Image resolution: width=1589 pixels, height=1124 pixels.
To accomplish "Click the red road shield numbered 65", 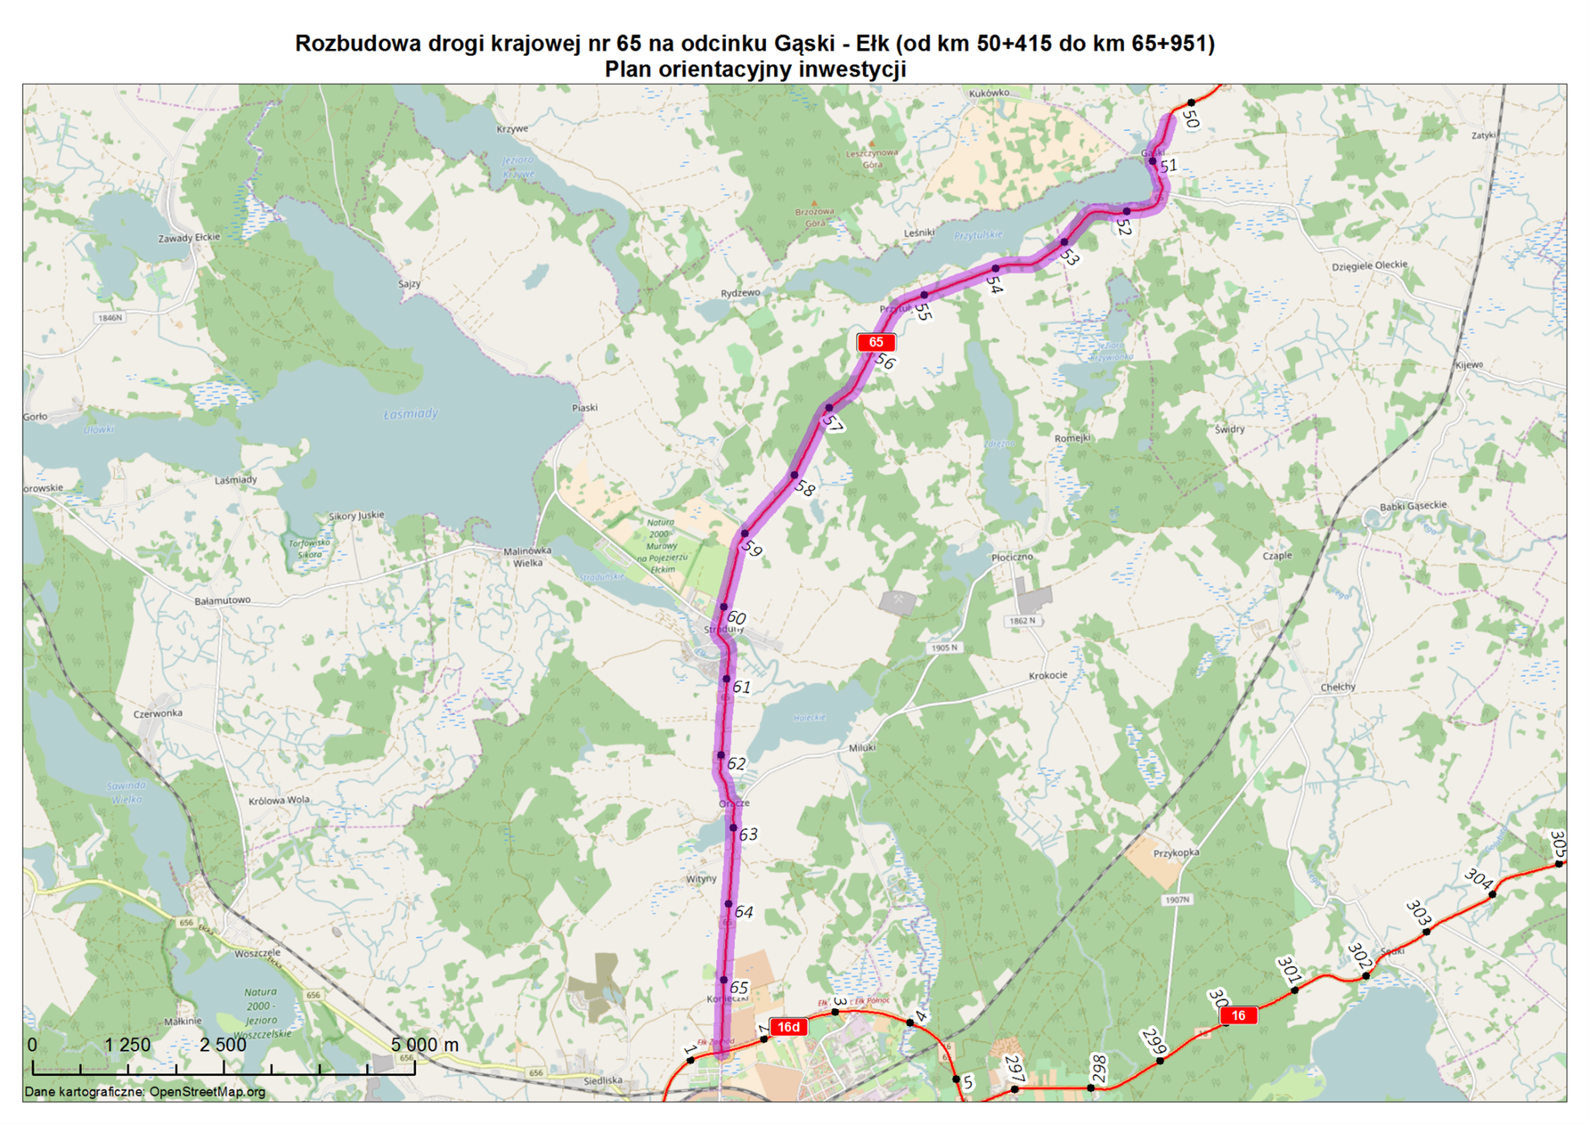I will [x=876, y=342].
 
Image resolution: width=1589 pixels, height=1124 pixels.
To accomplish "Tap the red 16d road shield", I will [x=788, y=1027].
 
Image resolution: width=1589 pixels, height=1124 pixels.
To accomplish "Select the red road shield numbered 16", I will [x=1238, y=1015].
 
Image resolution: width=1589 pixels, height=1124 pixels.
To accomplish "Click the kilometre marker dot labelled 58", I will [x=794, y=475].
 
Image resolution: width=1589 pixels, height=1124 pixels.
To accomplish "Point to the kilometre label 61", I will [x=741, y=687].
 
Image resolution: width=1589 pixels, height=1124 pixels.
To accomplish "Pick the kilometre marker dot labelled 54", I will [x=996, y=269].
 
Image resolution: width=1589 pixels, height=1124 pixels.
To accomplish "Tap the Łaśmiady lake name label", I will [x=411, y=413].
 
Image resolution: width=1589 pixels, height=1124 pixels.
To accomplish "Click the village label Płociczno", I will [x=1012, y=557].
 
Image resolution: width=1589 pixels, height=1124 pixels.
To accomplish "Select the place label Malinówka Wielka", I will [x=527, y=556].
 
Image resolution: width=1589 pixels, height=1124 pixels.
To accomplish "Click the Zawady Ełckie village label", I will [x=188, y=237].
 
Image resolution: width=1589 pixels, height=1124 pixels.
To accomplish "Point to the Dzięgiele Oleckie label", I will [x=1369, y=265].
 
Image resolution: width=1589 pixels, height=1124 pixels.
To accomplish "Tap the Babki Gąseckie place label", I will [x=1412, y=505].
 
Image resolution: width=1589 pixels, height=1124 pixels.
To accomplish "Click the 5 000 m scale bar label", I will [x=424, y=1045].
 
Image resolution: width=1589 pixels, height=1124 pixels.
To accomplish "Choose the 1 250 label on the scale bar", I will [x=127, y=1045].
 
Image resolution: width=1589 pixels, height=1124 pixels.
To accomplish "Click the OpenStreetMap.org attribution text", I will [x=207, y=1092].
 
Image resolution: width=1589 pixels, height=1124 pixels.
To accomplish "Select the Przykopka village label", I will [x=1176, y=853].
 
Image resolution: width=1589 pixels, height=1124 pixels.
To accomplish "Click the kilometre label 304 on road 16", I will [x=1477, y=879].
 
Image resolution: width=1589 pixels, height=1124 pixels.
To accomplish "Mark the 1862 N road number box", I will [x=1022, y=621].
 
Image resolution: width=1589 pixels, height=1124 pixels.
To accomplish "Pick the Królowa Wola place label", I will [x=279, y=799].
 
